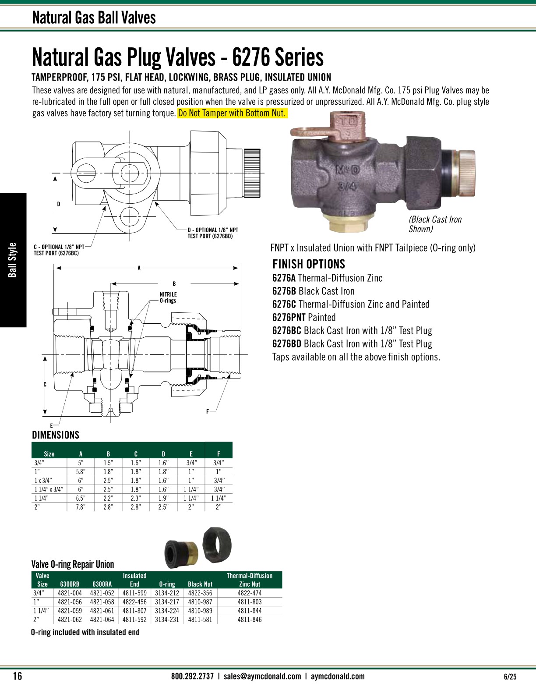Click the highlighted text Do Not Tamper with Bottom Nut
[232, 113]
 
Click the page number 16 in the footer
[18, 676]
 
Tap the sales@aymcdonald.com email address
[262, 676]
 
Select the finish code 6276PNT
[289, 317]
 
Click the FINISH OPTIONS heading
[309, 264]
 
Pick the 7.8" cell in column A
[81, 507]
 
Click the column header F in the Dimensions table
[219, 454]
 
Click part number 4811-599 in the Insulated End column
[134, 593]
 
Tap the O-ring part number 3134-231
[167, 620]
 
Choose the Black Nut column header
[200, 584]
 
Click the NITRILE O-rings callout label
[168, 297]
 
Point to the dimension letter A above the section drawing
[139, 268]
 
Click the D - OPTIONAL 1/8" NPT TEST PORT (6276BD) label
[213, 233]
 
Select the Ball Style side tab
[13, 260]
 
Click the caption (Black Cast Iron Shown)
[435, 224]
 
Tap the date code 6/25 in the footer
[510, 676]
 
